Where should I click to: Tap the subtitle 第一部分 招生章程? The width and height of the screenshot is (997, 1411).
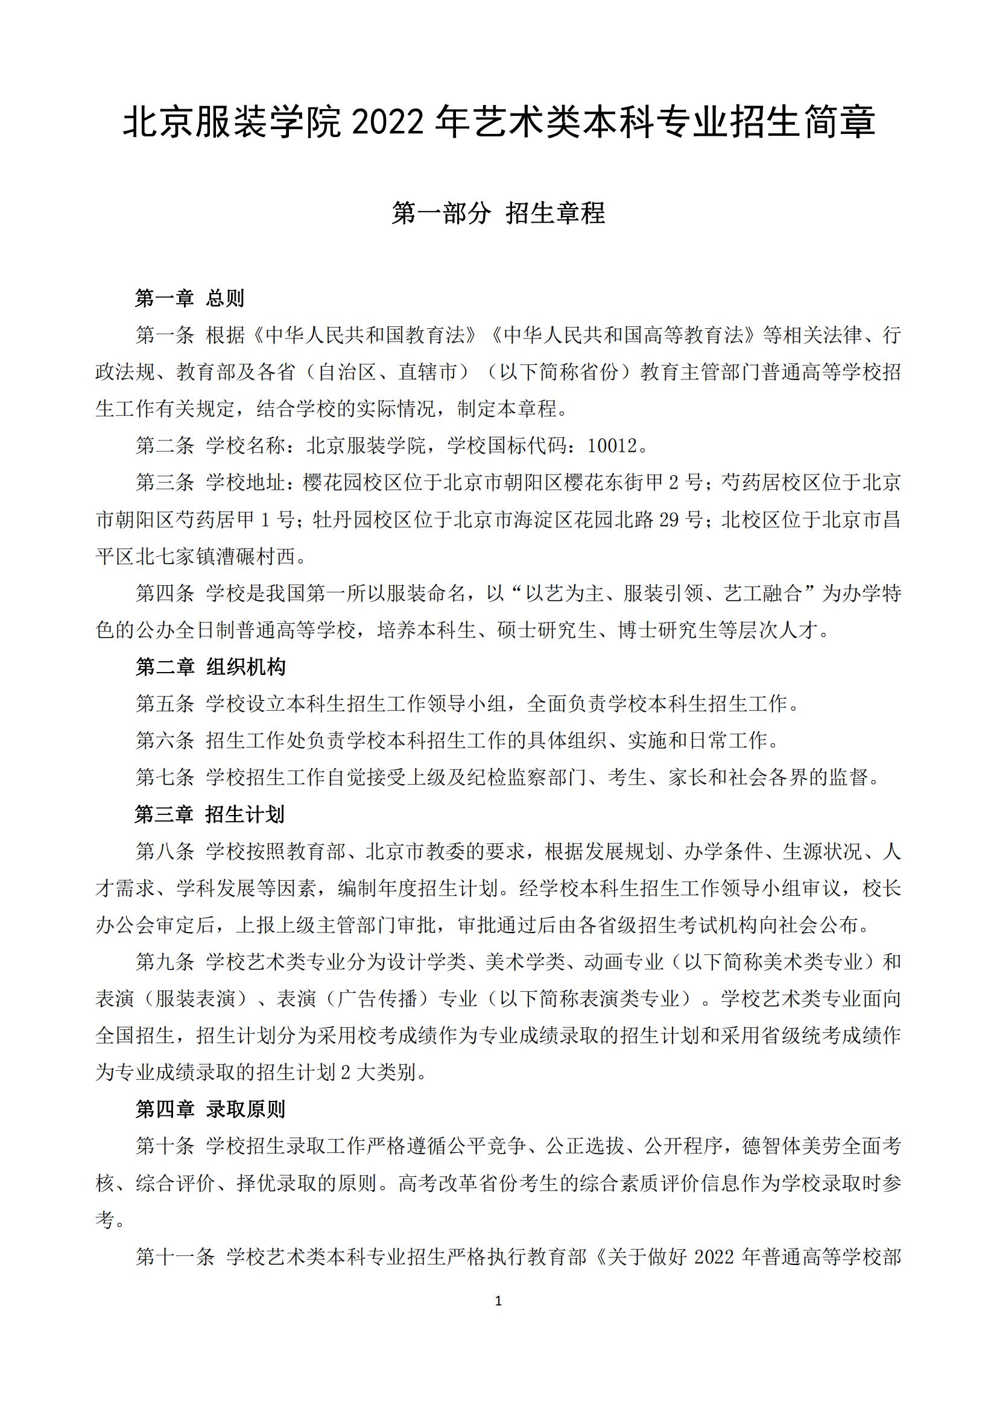click(x=498, y=213)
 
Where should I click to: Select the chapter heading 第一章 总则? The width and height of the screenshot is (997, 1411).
click(x=190, y=299)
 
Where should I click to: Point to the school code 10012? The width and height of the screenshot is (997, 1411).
click(x=612, y=446)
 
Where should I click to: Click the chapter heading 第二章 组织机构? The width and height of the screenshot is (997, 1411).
click(x=210, y=667)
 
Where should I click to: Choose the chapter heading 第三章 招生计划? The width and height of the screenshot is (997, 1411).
click(x=210, y=815)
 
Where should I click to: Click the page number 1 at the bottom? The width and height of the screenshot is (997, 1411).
click(x=498, y=1301)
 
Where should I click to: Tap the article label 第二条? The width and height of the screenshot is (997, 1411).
click(x=165, y=446)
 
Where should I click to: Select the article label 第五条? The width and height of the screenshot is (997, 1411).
click(x=165, y=704)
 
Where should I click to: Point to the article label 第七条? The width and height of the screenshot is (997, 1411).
click(x=165, y=778)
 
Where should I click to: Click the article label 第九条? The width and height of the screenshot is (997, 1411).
click(x=165, y=962)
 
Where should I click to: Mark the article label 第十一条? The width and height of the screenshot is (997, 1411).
click(x=175, y=1257)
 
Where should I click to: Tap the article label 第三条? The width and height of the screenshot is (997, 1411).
click(x=165, y=483)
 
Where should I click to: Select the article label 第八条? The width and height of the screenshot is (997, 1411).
click(x=165, y=852)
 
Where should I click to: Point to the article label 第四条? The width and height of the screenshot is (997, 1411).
click(x=165, y=594)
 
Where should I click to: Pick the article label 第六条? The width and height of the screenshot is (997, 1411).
click(x=165, y=741)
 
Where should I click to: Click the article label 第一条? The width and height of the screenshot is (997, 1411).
click(x=165, y=335)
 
